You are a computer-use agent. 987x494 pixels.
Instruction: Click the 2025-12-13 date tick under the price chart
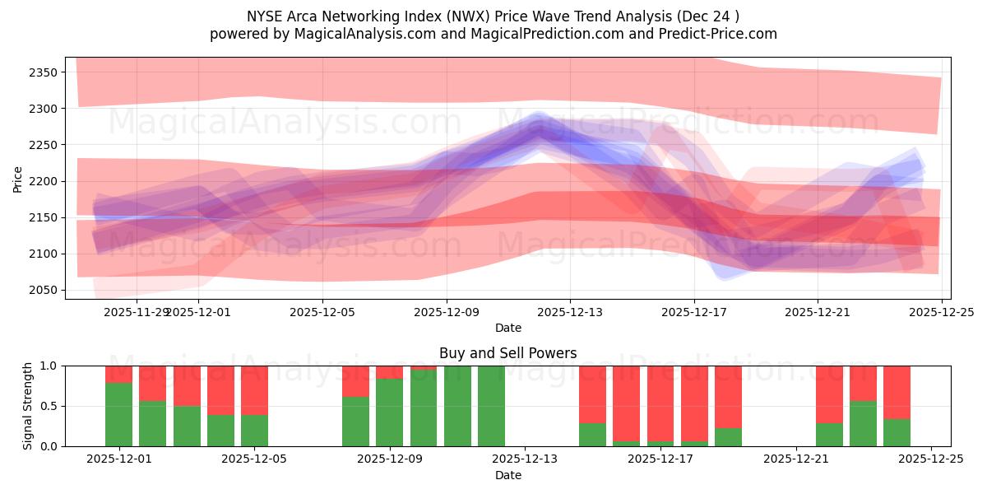click(570, 313)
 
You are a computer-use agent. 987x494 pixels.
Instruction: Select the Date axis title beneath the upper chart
click(507, 328)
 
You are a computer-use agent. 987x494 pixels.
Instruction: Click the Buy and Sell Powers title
click(507, 353)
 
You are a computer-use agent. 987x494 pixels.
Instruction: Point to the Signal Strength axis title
click(27, 405)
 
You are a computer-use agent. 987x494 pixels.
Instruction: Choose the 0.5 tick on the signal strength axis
click(49, 406)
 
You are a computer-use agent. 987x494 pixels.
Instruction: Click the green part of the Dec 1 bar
click(119, 414)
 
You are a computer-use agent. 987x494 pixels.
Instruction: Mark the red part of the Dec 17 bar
click(660, 403)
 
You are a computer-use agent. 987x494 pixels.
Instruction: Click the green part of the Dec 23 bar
click(863, 423)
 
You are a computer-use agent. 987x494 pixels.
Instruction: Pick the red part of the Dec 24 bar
click(897, 392)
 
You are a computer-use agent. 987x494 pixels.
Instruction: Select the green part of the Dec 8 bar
click(355, 422)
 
